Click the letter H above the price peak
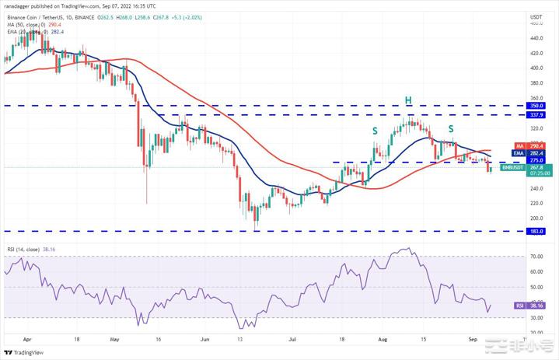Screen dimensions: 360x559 (406, 101)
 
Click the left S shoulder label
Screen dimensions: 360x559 (375, 131)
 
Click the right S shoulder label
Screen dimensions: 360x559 (450, 128)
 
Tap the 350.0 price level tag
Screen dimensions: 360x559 (536, 105)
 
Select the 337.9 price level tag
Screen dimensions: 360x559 (536, 114)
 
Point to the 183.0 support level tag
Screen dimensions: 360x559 (536, 231)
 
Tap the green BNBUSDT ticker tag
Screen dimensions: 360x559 (512, 166)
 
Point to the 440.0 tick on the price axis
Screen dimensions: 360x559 (536, 38)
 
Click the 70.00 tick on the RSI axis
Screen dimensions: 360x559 (536, 256)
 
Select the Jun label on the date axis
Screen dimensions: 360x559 (205, 340)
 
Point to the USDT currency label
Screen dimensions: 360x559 (536, 16)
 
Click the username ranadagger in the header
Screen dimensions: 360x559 (21, 4)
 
